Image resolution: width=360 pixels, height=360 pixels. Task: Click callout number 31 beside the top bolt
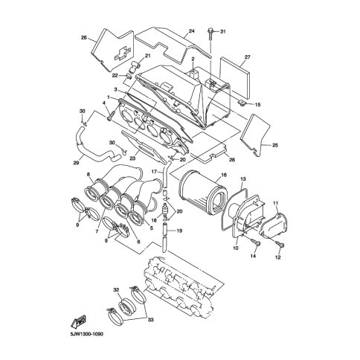point(223,31)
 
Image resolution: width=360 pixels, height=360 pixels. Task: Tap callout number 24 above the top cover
point(192,31)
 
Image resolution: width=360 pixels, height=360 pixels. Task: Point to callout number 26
point(84,38)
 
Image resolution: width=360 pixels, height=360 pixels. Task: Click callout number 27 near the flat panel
point(247,57)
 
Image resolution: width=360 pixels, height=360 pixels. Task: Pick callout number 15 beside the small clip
point(257,105)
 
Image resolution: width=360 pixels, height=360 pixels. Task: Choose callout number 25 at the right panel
point(275,145)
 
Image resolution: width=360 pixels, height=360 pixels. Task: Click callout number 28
point(232,160)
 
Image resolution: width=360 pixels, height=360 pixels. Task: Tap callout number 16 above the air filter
point(224,175)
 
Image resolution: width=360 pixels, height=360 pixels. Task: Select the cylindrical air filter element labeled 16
point(203,194)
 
